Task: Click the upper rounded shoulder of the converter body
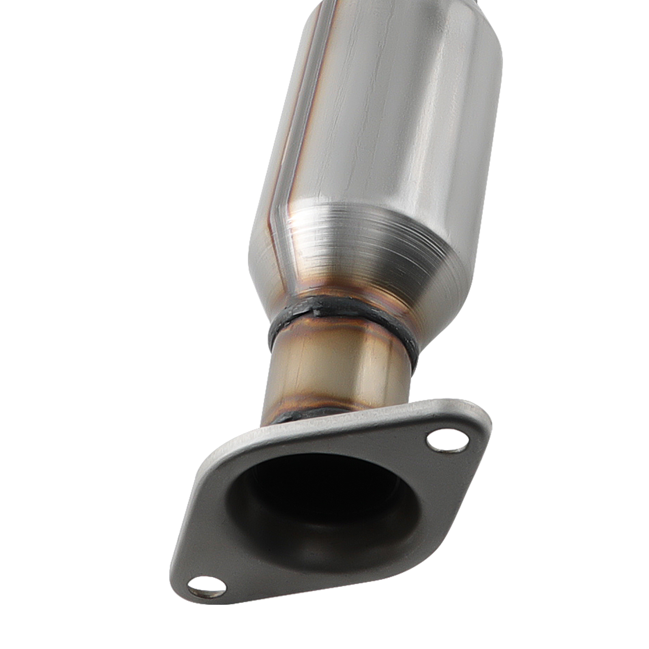pos(406,24)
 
